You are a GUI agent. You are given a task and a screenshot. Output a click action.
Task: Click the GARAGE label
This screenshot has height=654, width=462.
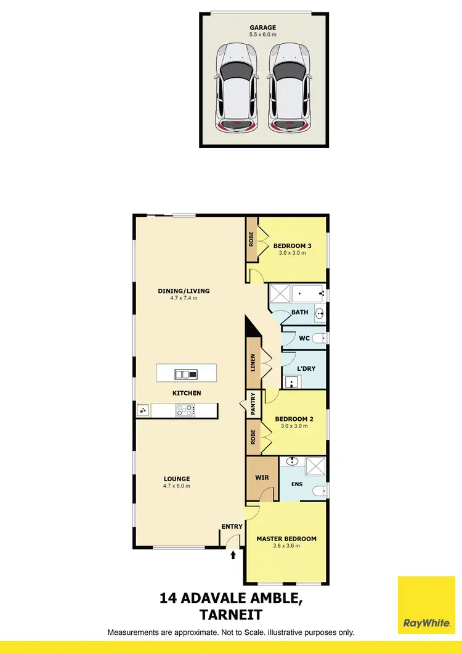click(x=262, y=27)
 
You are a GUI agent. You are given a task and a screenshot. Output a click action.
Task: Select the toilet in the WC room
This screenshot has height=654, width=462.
click(x=317, y=338)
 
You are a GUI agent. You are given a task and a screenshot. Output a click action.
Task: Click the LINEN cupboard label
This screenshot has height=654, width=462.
click(x=252, y=363)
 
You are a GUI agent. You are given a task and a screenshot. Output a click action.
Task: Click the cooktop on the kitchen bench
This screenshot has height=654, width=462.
click(x=185, y=410)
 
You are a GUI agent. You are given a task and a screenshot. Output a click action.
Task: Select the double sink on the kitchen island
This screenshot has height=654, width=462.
click(x=185, y=374)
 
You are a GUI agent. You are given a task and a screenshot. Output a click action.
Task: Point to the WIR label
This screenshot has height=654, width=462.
click(x=262, y=478)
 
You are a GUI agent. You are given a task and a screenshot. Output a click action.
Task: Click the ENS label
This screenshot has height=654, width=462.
click(x=298, y=484)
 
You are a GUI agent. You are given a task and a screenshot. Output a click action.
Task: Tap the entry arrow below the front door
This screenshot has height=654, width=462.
click(x=233, y=555)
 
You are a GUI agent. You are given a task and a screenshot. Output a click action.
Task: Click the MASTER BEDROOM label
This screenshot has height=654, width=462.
click(x=286, y=539)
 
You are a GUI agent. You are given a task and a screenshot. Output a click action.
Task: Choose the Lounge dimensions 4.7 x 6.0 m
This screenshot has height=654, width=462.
click(x=177, y=486)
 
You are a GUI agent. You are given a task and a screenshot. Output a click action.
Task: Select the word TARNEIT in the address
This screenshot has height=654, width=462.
click(x=231, y=615)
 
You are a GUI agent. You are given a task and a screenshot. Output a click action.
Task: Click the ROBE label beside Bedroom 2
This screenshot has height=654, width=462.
click(x=252, y=437)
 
